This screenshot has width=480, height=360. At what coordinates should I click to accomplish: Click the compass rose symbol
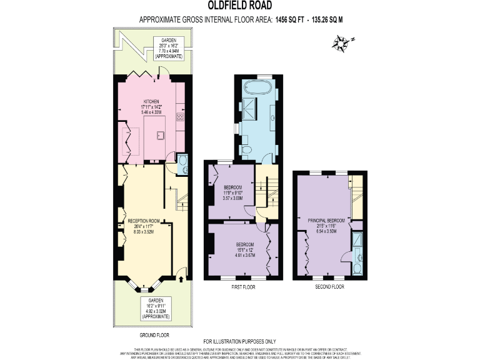coord(342,42)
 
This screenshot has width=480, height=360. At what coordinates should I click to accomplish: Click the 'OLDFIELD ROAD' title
coord(241,6)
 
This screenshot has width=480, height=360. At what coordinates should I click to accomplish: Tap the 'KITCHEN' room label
coord(151,101)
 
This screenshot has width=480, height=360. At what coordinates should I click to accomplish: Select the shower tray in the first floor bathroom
coord(250,105)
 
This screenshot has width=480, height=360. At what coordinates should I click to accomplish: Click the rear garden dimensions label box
coord(169,48)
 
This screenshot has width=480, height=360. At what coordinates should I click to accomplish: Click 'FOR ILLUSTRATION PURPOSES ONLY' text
coord(240,340)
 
